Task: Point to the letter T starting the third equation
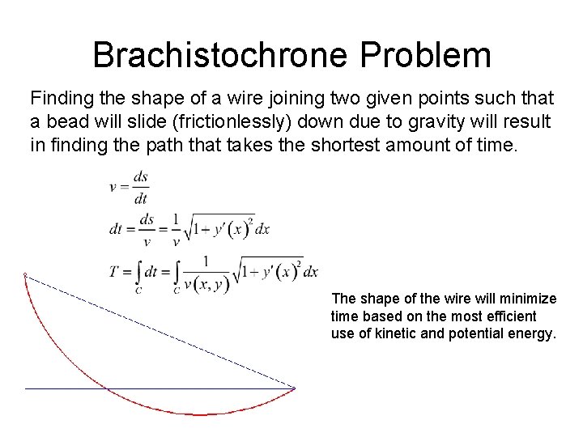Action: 114,271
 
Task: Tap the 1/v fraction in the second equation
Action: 175,229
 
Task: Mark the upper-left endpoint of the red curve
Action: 25,275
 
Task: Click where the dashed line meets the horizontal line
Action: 294,388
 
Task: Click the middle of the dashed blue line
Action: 160,332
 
